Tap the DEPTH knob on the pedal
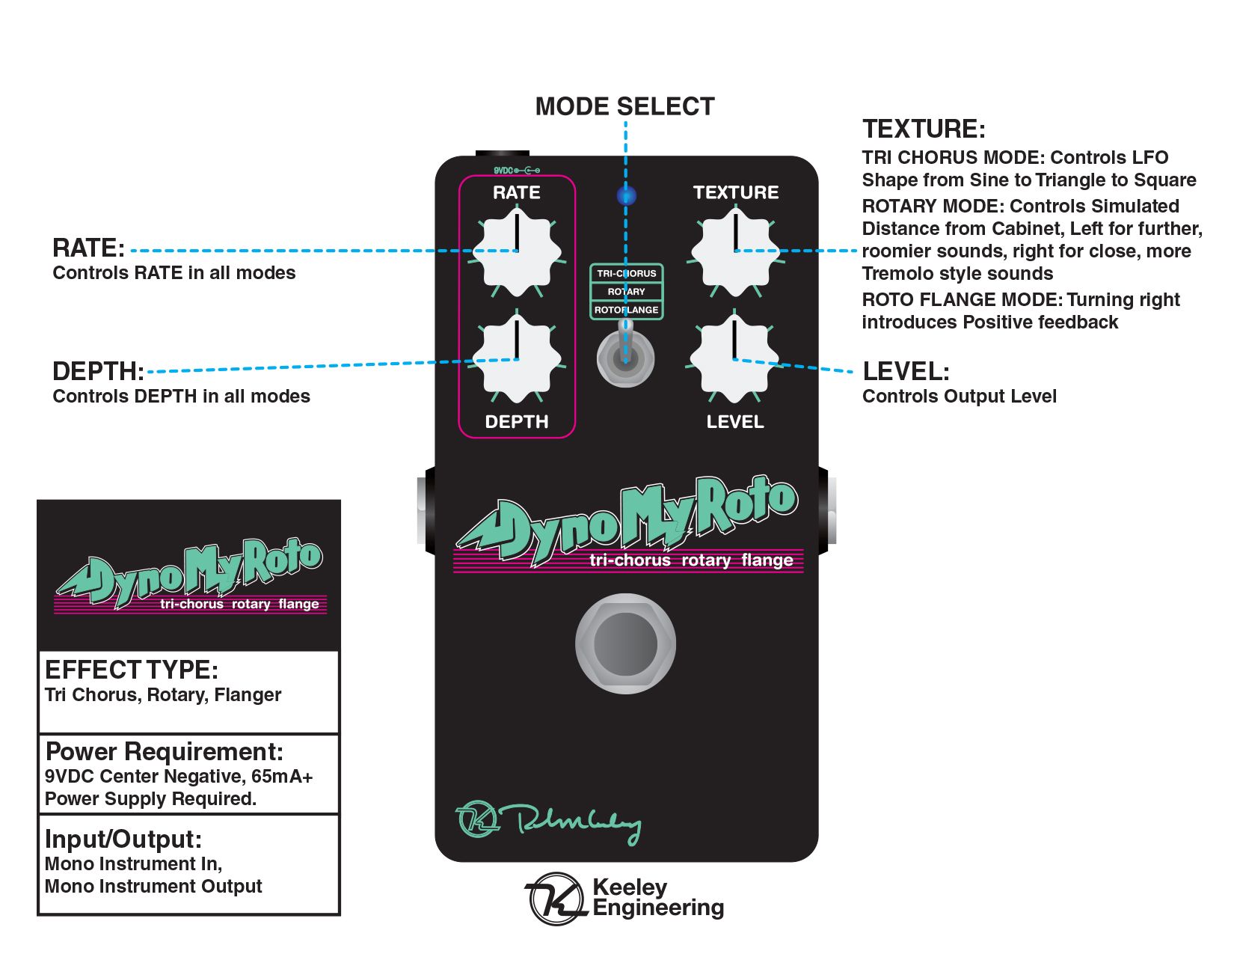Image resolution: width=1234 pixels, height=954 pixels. (516, 359)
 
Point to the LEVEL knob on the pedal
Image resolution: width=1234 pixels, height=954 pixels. (734, 359)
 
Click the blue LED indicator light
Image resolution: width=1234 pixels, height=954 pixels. (626, 196)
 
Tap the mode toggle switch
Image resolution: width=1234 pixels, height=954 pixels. (626, 358)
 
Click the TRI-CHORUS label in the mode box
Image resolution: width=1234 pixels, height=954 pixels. (626, 274)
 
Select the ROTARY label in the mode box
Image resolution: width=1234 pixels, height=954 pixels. (626, 292)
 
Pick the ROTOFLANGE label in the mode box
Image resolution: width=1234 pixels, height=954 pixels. (626, 310)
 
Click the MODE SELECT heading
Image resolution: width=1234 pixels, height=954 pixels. (624, 107)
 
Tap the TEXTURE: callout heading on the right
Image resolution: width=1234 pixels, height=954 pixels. (924, 129)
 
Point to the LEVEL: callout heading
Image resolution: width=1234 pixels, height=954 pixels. (906, 372)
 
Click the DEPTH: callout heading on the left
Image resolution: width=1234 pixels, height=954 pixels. (98, 372)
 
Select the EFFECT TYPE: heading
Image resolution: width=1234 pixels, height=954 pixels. (132, 670)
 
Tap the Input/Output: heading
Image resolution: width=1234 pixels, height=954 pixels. (123, 840)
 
